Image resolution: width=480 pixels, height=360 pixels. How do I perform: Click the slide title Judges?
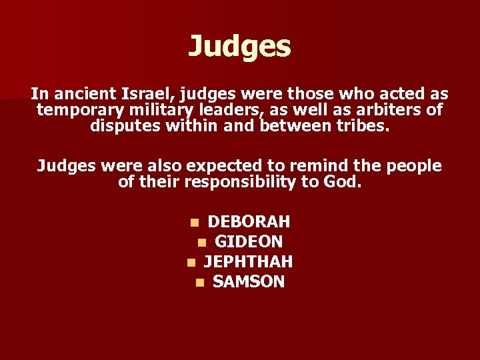coord(239,46)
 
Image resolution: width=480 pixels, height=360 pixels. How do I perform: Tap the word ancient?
coord(93,94)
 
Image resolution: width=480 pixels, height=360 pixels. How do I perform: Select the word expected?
coord(225,165)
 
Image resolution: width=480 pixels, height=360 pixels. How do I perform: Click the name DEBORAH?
coord(249,221)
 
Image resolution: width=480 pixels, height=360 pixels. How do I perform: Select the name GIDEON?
coord(249,241)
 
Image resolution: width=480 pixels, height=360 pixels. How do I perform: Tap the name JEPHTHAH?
coord(248,261)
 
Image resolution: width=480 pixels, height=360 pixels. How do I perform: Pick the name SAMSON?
coord(249,281)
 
